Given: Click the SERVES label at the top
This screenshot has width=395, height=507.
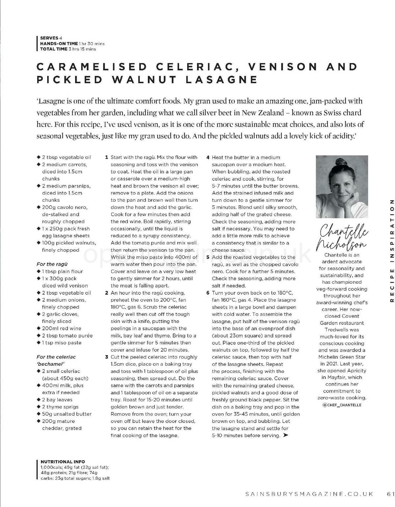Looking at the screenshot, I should pos(49,38).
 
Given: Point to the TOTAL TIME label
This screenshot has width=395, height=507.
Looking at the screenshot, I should pos(54,49).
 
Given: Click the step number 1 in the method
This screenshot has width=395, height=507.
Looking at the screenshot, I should pos(107,157).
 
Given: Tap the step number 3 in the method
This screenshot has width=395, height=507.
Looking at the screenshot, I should pos(107,357).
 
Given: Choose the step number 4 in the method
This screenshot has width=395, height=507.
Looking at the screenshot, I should pos(208,157).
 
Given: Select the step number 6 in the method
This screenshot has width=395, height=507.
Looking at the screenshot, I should pos(208,293).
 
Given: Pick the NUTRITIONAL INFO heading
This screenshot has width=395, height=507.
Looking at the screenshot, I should pos(63,462).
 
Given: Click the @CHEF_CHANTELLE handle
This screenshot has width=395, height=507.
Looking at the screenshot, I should pos(342,405).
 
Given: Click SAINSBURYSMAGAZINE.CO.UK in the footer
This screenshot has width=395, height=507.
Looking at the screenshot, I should pos(309,494).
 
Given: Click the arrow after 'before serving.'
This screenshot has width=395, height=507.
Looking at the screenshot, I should pos(285,435).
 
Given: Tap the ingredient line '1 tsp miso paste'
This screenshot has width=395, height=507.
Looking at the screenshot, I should pos(61,343).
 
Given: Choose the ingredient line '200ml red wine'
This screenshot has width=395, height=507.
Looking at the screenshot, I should pos(61,328).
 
